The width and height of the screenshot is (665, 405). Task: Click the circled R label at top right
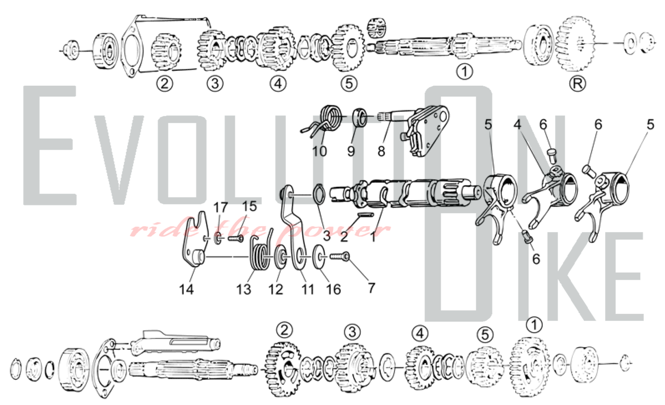pyautogui.click(x=578, y=84)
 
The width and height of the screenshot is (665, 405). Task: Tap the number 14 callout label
pyautogui.click(x=186, y=289)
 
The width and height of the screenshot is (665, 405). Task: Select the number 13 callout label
pyautogui.click(x=243, y=289)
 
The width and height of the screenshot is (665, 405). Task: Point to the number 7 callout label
pyautogui.click(x=371, y=288)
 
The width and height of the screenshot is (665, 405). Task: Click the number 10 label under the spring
pyautogui.click(x=319, y=151)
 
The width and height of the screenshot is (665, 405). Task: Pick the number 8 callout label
pyautogui.click(x=381, y=151)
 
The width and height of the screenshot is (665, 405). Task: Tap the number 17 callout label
pyautogui.click(x=220, y=207)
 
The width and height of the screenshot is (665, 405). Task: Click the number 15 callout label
pyautogui.click(x=249, y=206)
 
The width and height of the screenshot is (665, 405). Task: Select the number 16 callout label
pyautogui.click(x=333, y=289)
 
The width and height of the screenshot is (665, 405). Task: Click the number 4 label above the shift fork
pyautogui.click(x=517, y=124)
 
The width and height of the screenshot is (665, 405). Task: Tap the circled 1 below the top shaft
pyautogui.click(x=465, y=71)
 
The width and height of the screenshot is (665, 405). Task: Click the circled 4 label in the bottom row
pyautogui.click(x=420, y=333)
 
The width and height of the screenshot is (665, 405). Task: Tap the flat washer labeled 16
pyautogui.click(x=319, y=257)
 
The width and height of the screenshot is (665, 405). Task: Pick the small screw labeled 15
pyautogui.click(x=236, y=238)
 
